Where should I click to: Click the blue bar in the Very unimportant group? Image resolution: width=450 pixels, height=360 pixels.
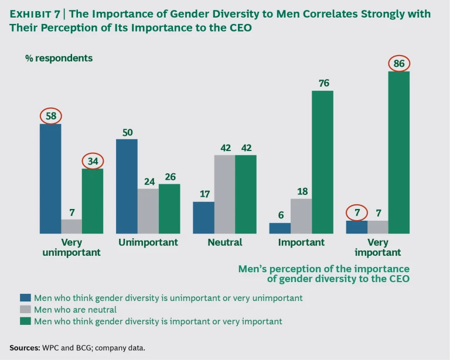coord(50,179)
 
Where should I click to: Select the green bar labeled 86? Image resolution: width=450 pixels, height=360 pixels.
coord(398,152)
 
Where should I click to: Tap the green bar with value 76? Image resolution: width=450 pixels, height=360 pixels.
coord(322,162)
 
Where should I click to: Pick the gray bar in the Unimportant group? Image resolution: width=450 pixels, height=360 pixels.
coord(148,211)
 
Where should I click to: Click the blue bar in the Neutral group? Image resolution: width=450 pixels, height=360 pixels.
coord(203,218)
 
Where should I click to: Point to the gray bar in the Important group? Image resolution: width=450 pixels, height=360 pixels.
coord(301,216)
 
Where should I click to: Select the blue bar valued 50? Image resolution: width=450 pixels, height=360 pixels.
coord(127,186)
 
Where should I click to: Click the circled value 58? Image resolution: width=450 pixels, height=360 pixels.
coord(50,115)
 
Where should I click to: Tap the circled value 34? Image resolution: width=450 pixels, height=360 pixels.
coord(93,160)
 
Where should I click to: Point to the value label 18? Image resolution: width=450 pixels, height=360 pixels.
coord(301,191)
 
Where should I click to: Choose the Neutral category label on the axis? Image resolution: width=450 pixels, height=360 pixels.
coord(224,242)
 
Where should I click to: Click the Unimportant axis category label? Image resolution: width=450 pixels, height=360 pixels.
coord(148,242)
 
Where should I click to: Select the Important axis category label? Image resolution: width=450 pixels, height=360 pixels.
coord(301,242)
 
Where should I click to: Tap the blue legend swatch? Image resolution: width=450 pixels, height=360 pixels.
coord(25,297)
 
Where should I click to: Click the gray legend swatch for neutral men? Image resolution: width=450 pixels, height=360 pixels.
coord(25,309)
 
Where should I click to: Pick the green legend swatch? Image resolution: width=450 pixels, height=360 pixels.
coord(25,321)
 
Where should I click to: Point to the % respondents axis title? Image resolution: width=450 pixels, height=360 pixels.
coord(59,58)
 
